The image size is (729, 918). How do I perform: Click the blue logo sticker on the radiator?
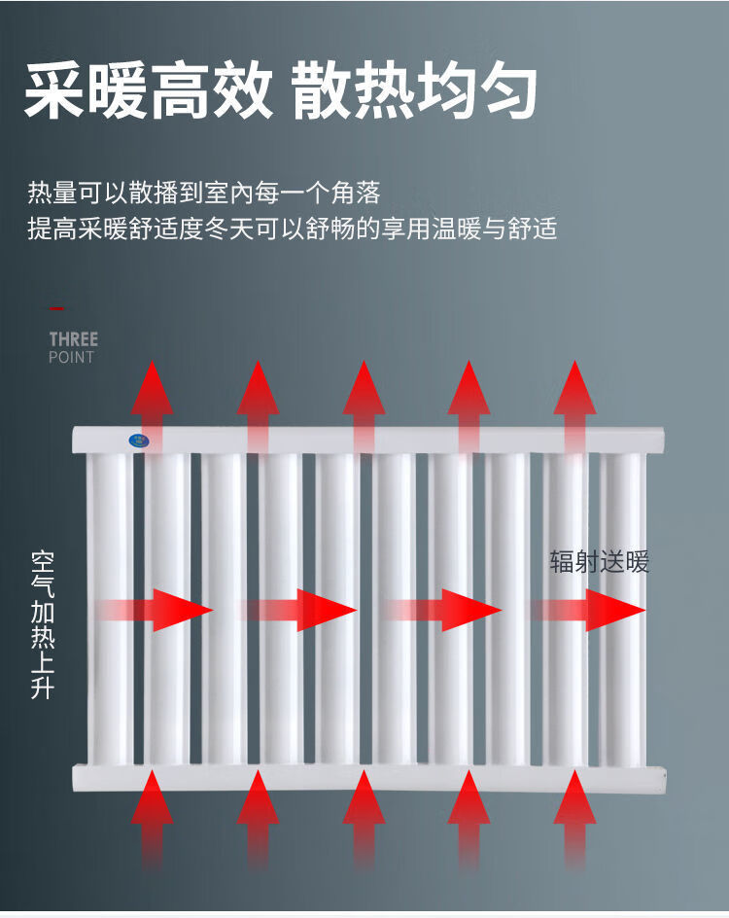point(139,440)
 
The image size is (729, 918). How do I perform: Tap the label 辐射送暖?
point(599,562)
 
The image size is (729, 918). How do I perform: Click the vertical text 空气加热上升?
point(43,624)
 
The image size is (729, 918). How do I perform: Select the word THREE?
point(74,339)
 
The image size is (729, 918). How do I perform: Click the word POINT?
point(71,357)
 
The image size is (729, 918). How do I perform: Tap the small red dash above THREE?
point(56,308)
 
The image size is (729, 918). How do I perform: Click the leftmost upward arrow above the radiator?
point(152,406)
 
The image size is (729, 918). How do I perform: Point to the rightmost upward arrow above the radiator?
point(574,406)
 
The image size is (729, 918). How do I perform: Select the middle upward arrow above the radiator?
point(364,406)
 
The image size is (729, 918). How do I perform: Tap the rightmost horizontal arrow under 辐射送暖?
point(587,610)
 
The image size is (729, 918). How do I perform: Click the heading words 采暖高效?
point(149,91)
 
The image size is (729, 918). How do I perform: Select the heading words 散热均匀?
point(414,91)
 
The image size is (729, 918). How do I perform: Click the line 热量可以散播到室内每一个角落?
point(204,193)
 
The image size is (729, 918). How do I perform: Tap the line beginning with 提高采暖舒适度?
point(293,229)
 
